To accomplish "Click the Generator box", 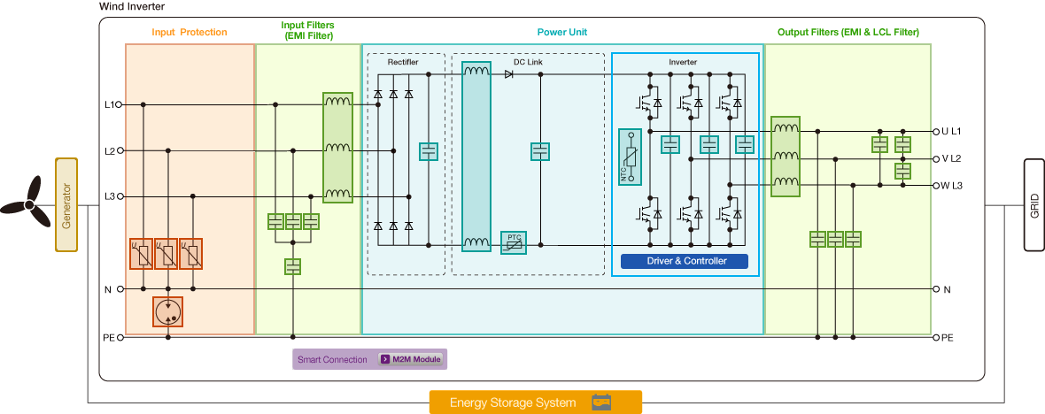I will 66,204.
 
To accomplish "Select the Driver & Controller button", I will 685,261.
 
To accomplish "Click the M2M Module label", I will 409,359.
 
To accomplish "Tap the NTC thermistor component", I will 630,157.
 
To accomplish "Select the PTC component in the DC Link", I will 513,242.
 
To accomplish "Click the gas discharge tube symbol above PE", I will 167,310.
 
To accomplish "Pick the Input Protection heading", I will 190,32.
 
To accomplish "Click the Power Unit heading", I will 562,32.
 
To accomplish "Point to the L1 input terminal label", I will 109,104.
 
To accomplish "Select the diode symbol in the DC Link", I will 509,74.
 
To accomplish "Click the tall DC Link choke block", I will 476,157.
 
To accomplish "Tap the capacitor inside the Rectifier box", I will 429,151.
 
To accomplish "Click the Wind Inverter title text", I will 133,6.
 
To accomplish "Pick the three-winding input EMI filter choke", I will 337,148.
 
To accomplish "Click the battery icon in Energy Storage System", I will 602,402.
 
